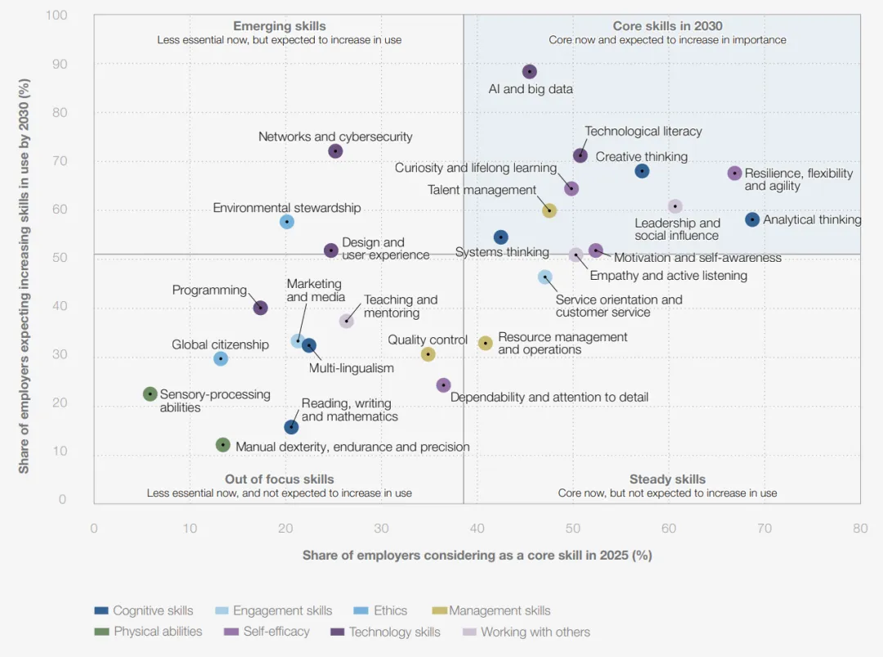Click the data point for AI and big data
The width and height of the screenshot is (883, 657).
[529, 72]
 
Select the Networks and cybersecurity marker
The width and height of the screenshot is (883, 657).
[335, 151]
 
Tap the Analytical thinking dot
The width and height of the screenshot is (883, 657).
[752, 219]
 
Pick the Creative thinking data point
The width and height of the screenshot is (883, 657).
[642, 171]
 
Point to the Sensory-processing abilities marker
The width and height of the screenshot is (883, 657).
[150, 394]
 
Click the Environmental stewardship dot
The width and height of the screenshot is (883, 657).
[287, 222]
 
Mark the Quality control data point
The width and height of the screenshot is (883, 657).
[428, 354]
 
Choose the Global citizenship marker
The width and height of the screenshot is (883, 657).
[220, 358]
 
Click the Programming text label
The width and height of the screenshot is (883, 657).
[209, 290]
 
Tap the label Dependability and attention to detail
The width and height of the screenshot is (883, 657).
[549, 398]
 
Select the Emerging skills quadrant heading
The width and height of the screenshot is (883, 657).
[280, 26]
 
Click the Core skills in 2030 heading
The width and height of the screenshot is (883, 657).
[667, 26]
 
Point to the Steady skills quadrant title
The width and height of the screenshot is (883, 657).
[667, 479]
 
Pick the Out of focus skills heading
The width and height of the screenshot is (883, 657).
[280, 479]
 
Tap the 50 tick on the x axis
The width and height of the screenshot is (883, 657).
[572, 529]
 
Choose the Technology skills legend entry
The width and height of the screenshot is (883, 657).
[394, 632]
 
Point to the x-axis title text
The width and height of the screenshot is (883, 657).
[477, 556]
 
